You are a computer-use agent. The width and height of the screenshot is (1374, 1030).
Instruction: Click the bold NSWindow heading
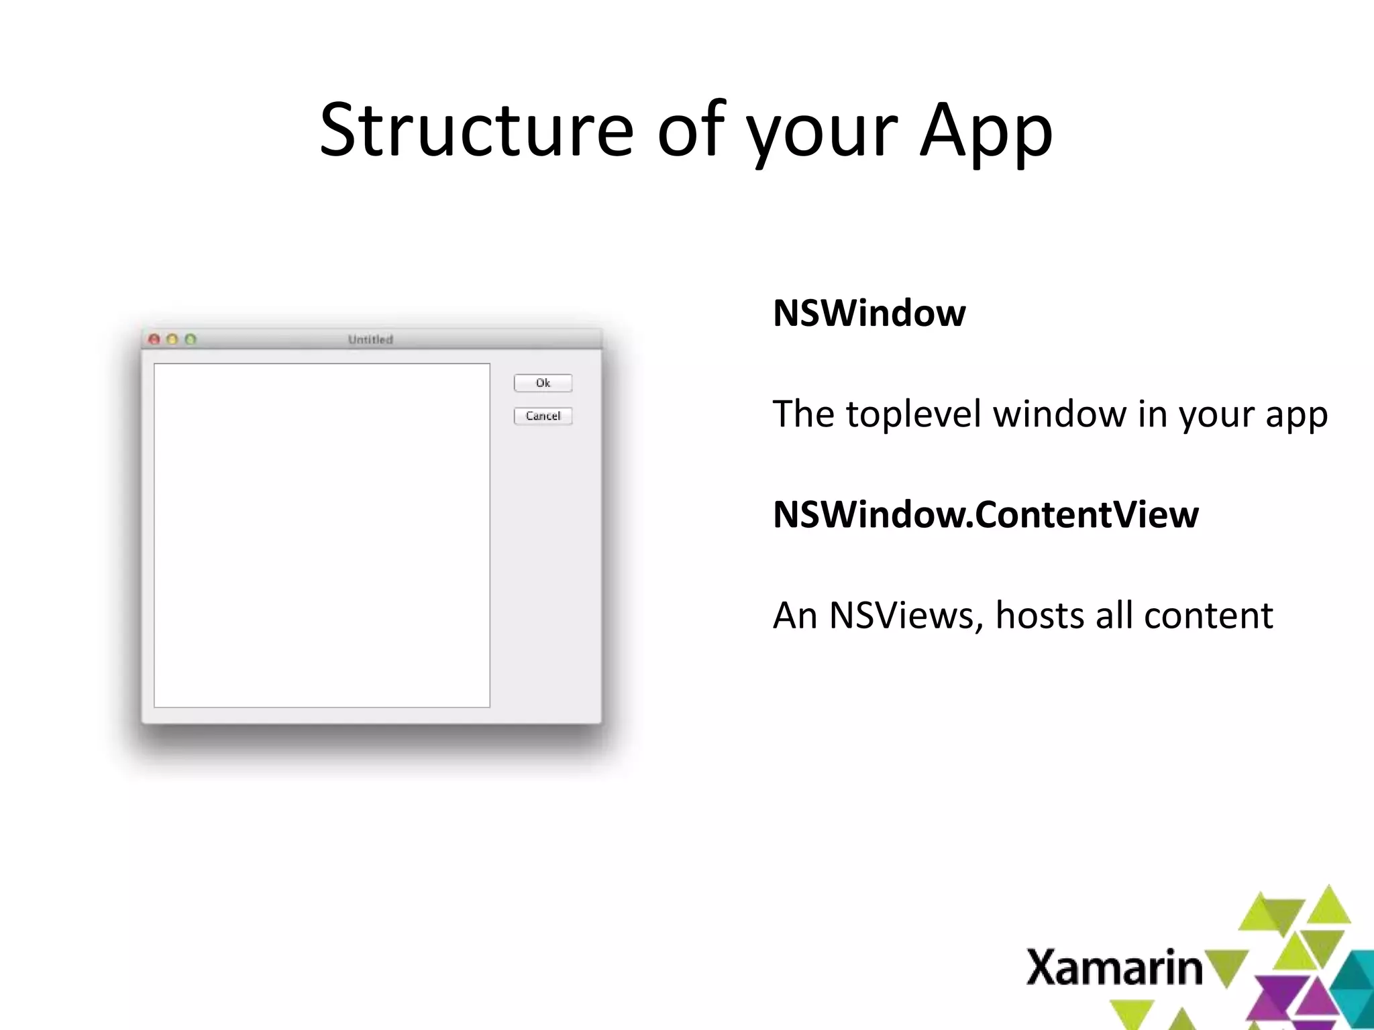869,313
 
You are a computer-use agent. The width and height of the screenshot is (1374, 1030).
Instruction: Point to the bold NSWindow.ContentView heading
985,514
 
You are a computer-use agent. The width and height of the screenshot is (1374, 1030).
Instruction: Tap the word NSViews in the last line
906,615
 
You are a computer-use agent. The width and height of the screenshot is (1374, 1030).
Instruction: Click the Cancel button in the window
543,416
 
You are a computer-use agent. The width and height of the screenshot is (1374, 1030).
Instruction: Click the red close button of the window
154,339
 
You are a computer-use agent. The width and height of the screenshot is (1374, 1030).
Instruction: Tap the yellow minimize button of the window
172,339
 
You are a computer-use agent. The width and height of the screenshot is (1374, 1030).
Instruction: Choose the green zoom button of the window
191,339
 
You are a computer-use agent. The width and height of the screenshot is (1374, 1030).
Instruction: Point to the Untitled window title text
370,339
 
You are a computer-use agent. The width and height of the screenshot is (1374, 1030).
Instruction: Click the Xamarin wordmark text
1114,968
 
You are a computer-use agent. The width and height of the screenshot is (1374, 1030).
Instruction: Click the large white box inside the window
322,535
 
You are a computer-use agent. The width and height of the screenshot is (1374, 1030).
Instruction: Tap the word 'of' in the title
691,131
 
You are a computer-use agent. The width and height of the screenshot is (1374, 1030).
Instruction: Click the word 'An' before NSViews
794,615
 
